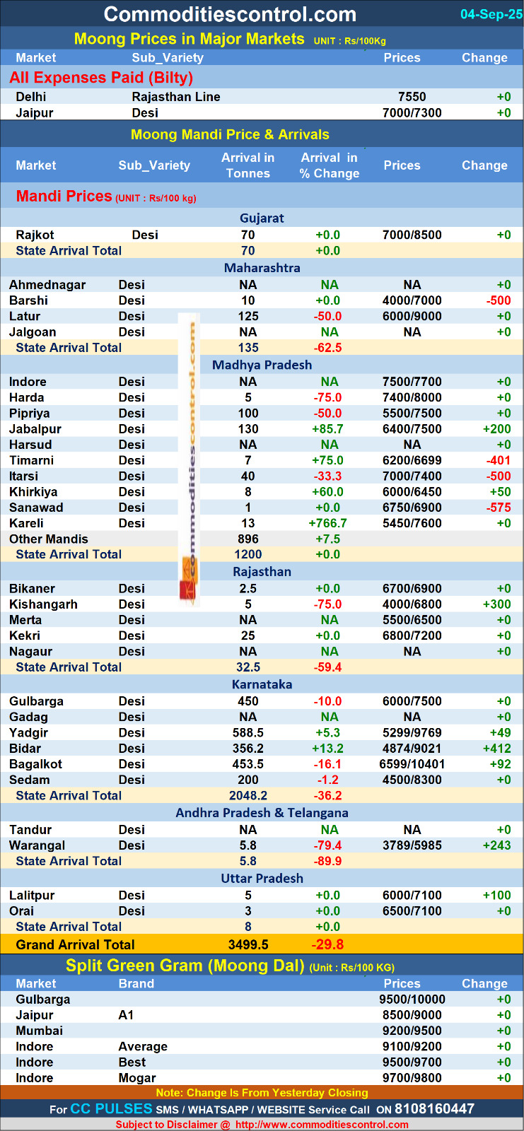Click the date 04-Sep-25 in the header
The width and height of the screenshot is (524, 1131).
pyautogui.click(x=491, y=14)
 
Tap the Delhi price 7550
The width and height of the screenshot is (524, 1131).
pyautogui.click(x=412, y=97)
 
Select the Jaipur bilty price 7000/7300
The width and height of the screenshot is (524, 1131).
pyautogui.click(x=412, y=112)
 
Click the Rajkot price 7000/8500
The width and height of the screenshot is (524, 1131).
pyautogui.click(x=412, y=235)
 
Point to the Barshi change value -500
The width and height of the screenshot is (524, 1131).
pyautogui.click(x=499, y=300)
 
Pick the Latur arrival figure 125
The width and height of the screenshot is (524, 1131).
pyautogui.click(x=248, y=316)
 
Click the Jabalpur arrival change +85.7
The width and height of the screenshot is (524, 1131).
pyautogui.click(x=329, y=429)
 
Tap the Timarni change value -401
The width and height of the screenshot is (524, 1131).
pyautogui.click(x=499, y=460)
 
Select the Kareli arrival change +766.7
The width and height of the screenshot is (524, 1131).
pyautogui.click(x=327, y=523)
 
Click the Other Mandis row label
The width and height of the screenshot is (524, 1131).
pyautogui.click(x=49, y=539)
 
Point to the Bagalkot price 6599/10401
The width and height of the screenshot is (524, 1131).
pyautogui.click(x=412, y=764)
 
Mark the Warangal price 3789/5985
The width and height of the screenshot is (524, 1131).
pyautogui.click(x=412, y=845)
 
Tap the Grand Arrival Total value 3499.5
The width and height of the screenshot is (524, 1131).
pyautogui.click(x=248, y=944)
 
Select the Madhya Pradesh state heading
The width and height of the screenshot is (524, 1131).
pyautogui.click(x=262, y=365)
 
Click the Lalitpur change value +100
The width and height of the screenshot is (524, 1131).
pyautogui.click(x=496, y=896)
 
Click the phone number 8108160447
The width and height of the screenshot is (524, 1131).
pyautogui.click(x=434, y=1109)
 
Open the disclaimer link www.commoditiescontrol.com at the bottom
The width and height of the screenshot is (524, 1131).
pyautogui.click(x=322, y=1125)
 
